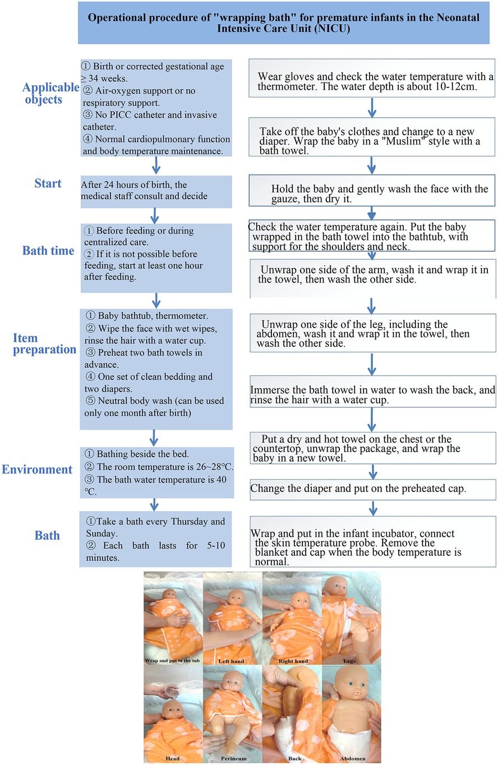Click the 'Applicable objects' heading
click(x=51, y=93)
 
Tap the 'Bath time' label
click(x=48, y=250)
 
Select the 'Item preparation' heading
click(x=44, y=344)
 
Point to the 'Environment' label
click(x=38, y=469)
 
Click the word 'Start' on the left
click(x=47, y=183)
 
